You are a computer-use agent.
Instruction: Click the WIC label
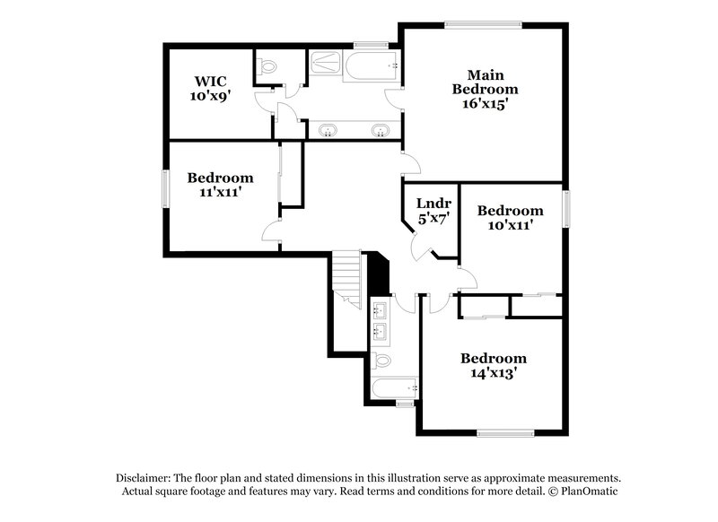[205, 81]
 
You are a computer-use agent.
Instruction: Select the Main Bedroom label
[485, 82]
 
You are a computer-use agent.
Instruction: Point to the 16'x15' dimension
[485, 103]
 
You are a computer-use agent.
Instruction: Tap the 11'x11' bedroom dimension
[220, 192]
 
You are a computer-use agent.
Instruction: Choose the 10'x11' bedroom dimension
[510, 225]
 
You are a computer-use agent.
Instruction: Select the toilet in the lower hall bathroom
[381, 361]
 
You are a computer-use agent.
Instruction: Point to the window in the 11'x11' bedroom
[164, 189]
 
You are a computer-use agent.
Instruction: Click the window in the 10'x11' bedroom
[566, 206]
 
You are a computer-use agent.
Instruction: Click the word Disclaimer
[144, 478]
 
